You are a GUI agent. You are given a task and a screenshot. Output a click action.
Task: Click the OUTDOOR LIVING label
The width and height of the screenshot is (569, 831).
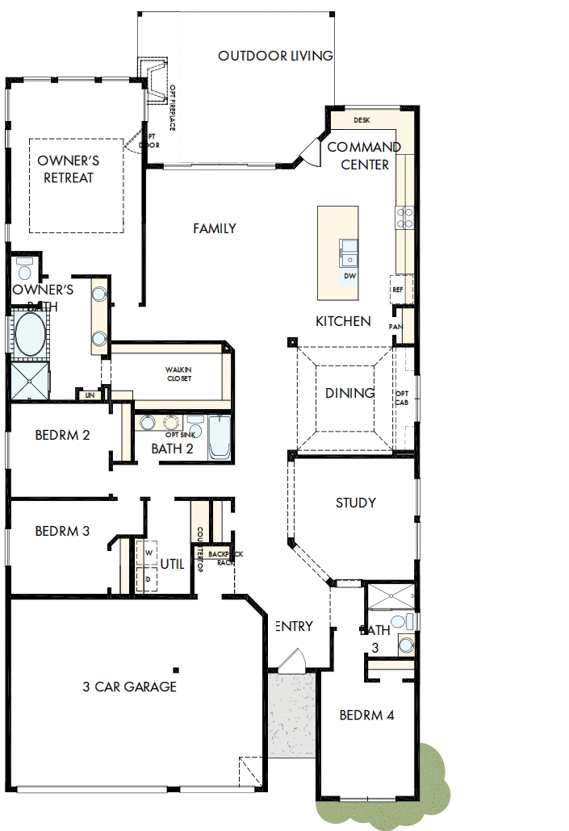275,56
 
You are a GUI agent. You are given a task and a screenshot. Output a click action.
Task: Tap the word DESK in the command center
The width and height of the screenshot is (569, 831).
362,120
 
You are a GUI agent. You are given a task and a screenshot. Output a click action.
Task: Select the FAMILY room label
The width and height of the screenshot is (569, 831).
215,228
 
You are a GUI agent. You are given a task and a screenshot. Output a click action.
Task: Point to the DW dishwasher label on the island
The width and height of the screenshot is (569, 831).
349,276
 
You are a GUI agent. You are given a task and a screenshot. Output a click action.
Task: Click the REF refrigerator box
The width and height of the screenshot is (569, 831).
398,289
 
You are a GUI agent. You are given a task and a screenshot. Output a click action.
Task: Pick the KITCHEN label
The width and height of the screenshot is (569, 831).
343,321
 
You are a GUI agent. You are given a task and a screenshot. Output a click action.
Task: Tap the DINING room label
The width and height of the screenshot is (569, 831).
349,393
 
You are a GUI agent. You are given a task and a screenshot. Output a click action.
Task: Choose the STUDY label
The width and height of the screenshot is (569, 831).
356,503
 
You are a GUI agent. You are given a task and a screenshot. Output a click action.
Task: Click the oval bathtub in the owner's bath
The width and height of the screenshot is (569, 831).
31,334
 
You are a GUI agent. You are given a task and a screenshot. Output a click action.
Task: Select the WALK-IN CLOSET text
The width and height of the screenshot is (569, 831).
179,374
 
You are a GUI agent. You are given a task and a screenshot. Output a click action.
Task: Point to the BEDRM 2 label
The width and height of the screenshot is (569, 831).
62,435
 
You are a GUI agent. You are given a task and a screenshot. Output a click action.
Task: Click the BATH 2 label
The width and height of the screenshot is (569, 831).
172,449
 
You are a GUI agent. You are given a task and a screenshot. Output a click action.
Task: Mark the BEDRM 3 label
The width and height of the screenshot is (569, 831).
62,531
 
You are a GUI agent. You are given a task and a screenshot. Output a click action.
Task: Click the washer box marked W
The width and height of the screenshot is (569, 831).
148,553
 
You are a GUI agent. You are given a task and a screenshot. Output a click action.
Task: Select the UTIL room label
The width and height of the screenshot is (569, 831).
174,564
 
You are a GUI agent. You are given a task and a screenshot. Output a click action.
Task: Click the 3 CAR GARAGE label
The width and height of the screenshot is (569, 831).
129,687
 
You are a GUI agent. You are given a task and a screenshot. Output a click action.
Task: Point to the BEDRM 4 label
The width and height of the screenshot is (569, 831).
366,715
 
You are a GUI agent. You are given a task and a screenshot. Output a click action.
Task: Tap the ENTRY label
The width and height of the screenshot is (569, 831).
294,626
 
